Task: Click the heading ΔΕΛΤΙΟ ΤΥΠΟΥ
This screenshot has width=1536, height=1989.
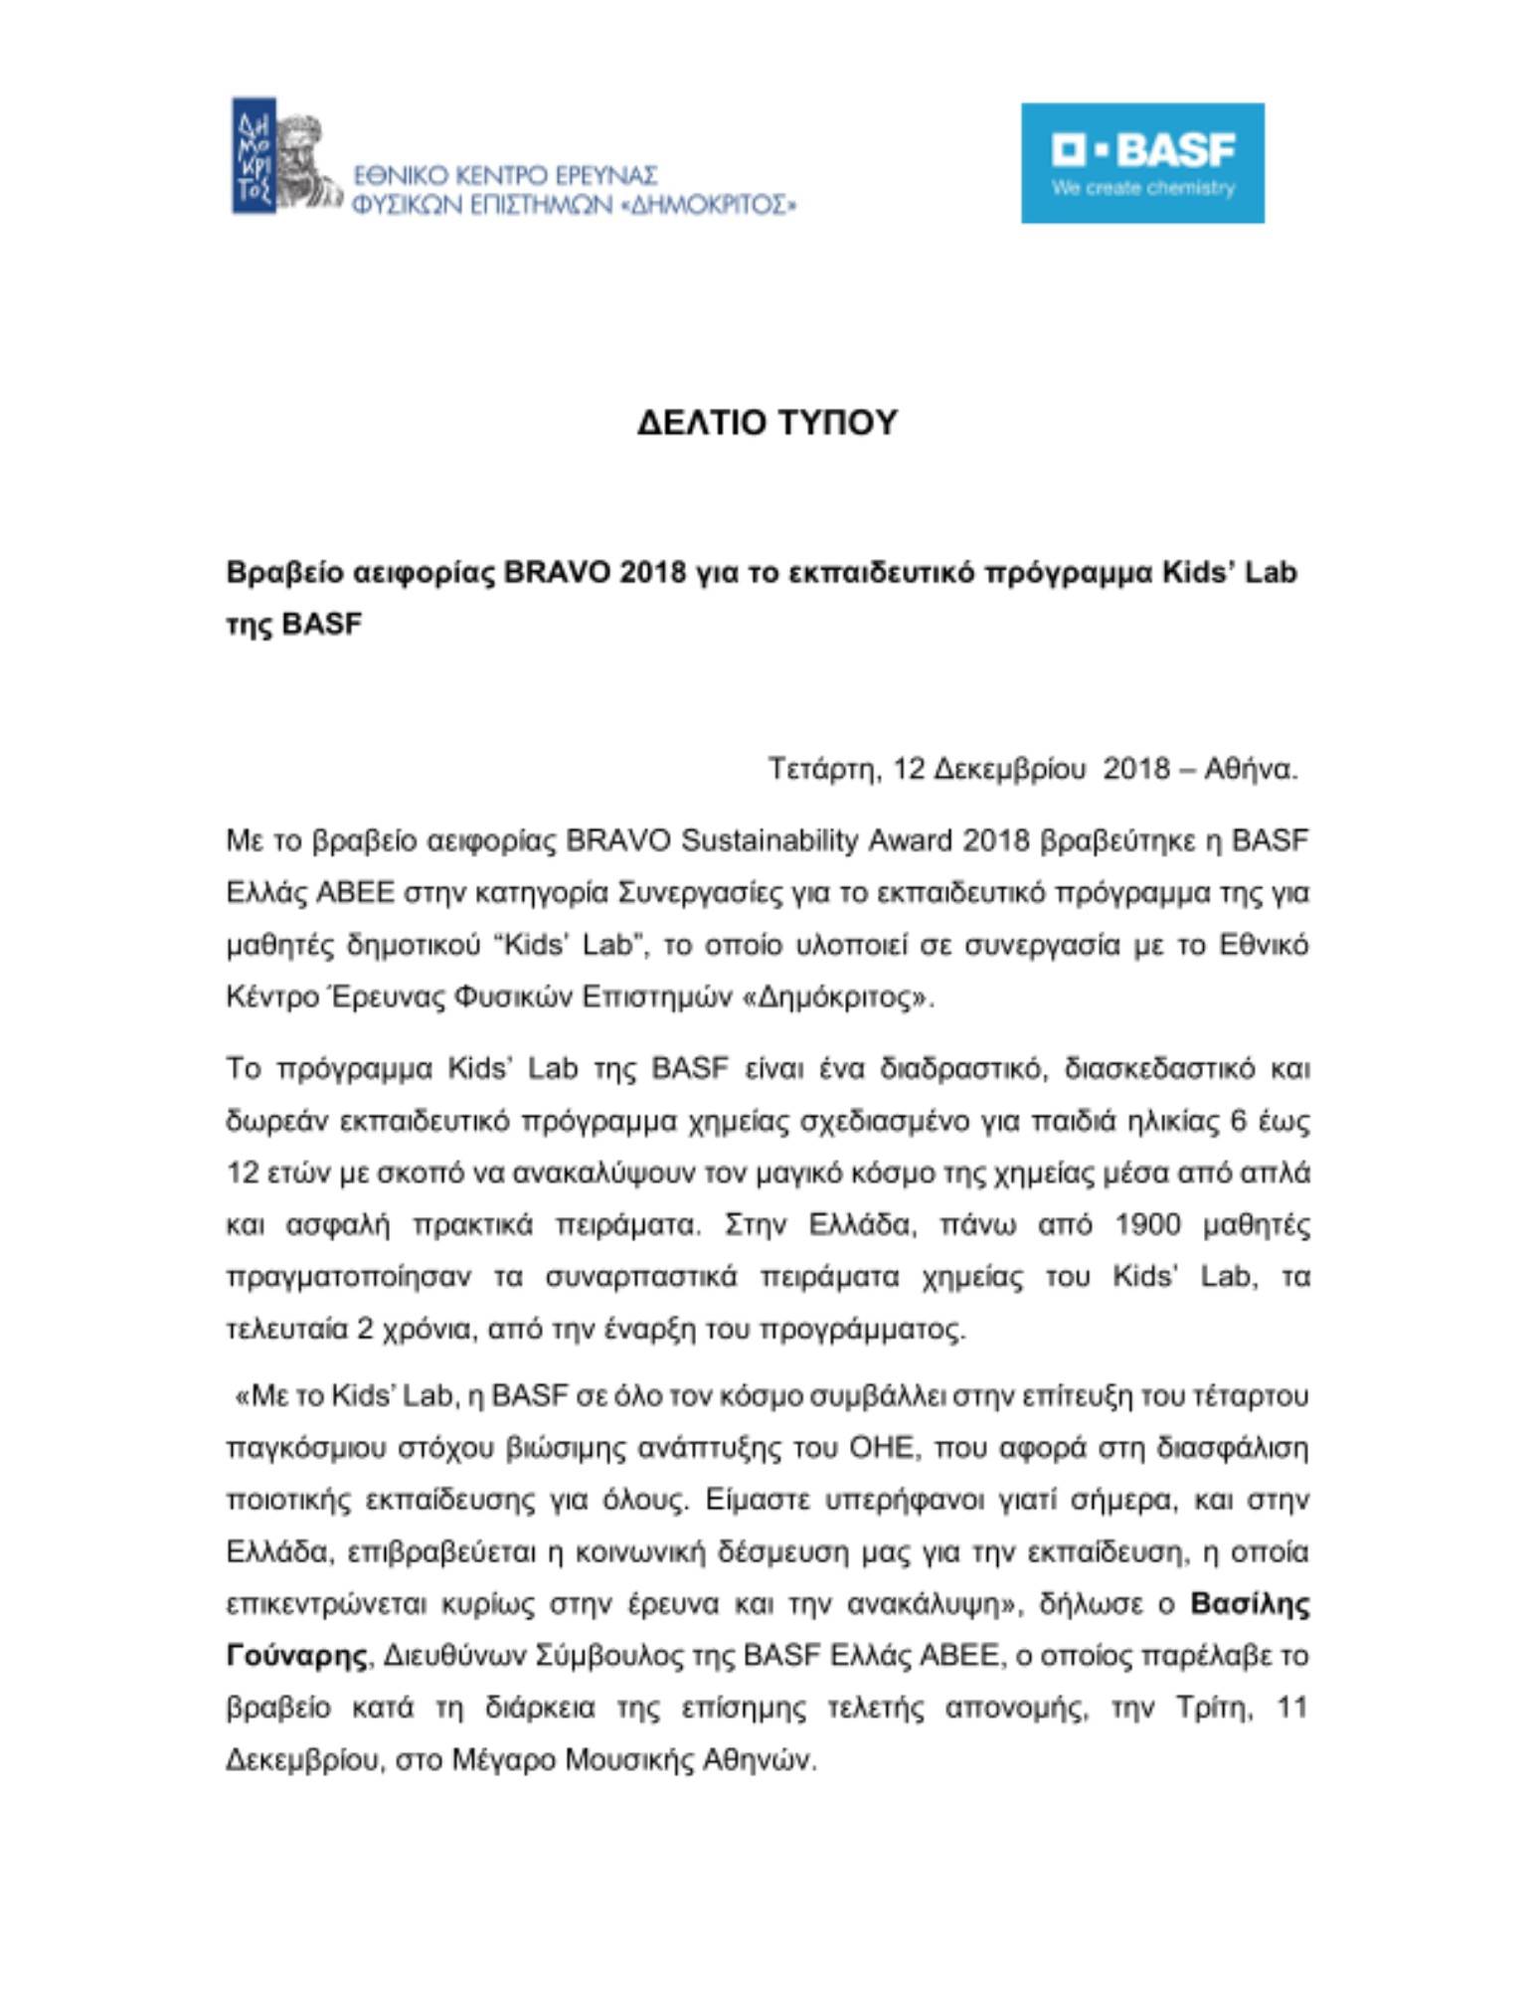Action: (767, 423)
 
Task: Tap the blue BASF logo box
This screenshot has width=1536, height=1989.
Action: (1142, 163)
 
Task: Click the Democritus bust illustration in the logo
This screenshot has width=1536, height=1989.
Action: (304, 159)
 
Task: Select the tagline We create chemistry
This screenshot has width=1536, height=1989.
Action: (1143, 188)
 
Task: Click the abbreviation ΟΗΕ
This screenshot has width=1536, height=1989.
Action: (881, 1448)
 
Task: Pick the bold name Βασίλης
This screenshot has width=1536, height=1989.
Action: (1250, 1604)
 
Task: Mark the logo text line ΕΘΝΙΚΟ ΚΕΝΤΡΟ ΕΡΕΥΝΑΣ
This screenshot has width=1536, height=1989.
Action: (505, 176)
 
